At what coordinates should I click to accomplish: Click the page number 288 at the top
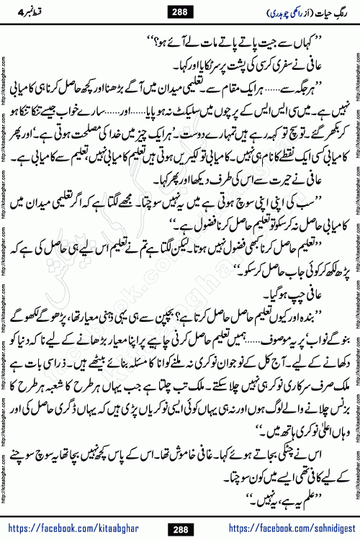180,11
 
